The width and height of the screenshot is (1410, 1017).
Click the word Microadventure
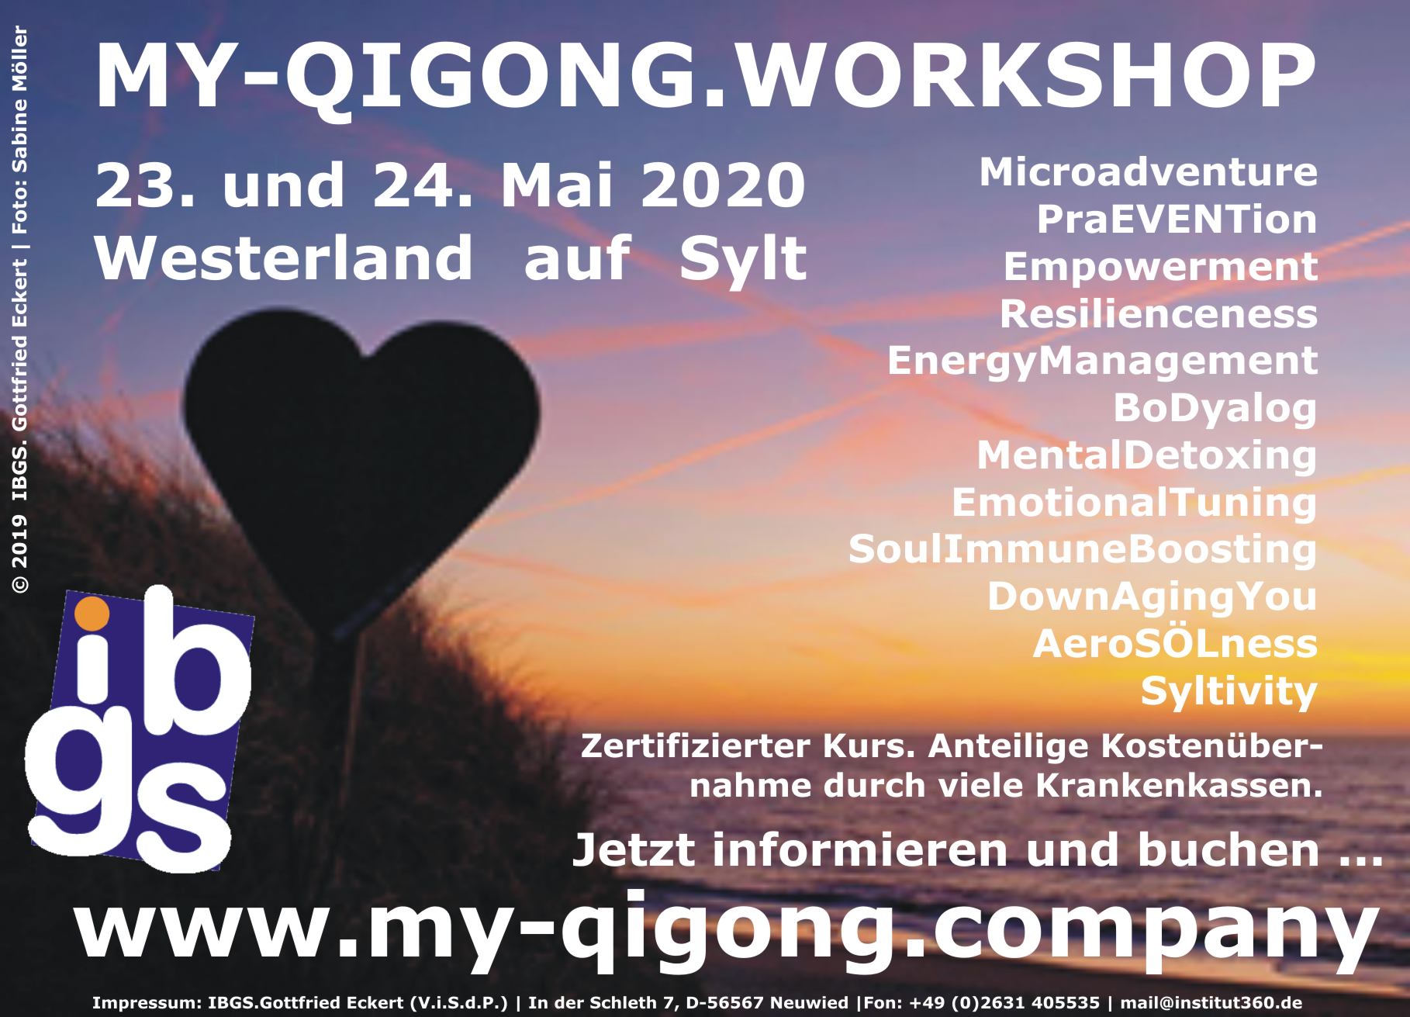(1148, 173)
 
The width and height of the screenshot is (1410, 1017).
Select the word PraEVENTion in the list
(1177, 220)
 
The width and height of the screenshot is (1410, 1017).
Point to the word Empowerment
(1160, 267)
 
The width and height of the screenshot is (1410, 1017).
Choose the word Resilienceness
(1158, 314)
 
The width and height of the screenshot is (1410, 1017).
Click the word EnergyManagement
(1102, 361)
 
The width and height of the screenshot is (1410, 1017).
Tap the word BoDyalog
(1215, 409)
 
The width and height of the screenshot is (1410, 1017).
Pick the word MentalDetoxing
(1146, 456)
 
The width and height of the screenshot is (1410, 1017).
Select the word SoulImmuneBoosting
(1083, 550)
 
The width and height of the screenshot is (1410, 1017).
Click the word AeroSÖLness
(1175, 644)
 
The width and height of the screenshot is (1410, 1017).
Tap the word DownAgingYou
(1152, 597)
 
